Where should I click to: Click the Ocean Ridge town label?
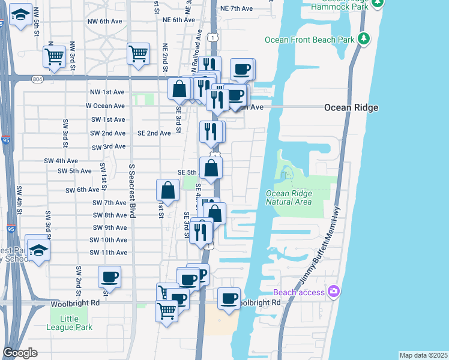[351, 107]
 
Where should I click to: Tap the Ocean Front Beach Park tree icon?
[363, 39]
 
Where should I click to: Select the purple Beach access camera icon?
[334, 292]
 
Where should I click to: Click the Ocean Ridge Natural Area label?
[289, 197]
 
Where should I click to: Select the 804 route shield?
[38, 78]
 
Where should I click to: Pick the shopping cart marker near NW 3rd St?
[54, 57]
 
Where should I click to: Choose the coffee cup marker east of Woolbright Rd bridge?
[228, 299]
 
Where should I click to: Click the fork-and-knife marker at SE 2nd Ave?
[210, 131]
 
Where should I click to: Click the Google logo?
[20, 353]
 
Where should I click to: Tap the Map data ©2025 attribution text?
[423, 355]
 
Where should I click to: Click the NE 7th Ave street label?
[237, 9]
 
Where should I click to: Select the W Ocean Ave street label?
[105, 105]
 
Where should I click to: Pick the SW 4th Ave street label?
[59, 161]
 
